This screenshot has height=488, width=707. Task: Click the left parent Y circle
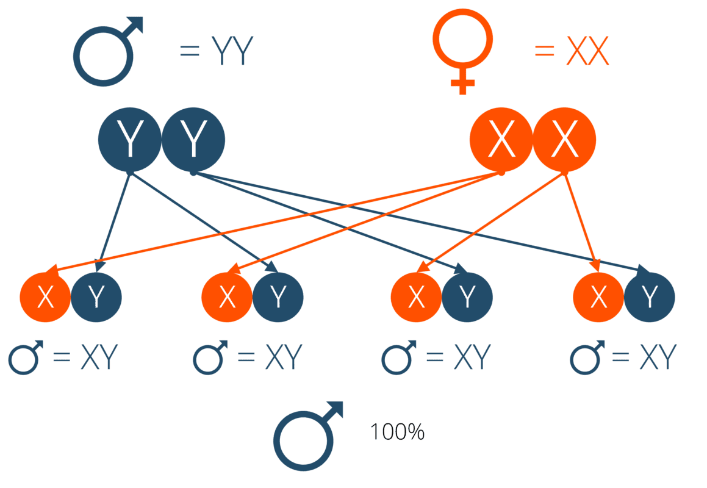point(129,140)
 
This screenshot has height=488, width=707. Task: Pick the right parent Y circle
point(193,140)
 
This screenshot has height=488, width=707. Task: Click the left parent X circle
point(501,140)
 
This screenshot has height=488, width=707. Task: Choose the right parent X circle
point(565,140)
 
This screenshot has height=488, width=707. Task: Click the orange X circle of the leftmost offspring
point(45,297)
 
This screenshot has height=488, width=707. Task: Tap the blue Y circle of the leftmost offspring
point(96,297)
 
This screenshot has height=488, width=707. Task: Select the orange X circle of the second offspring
point(227,297)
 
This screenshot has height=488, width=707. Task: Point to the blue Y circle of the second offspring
point(278,297)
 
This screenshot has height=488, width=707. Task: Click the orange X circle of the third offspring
point(416,297)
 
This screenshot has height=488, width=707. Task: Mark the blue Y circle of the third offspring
point(467,297)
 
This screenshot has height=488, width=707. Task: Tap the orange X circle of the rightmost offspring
point(598,297)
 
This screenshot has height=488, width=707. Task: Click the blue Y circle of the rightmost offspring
point(650,297)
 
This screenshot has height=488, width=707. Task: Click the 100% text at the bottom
point(397,432)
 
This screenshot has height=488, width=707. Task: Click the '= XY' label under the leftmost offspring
point(85,358)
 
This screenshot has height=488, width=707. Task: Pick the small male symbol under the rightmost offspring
point(586,358)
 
